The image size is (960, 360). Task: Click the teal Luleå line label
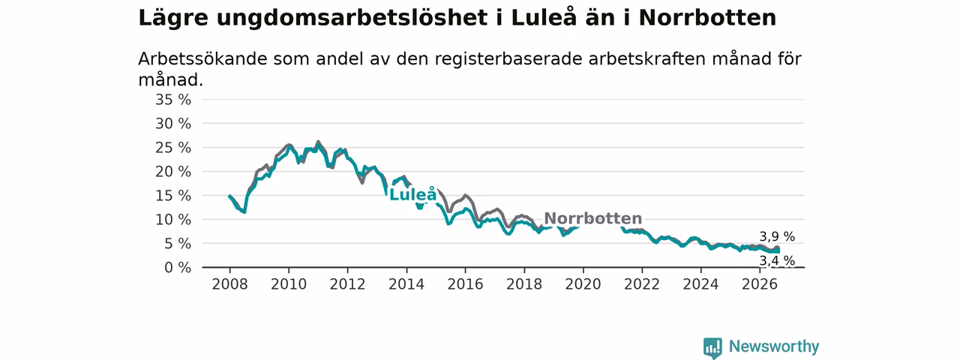[x=412, y=194]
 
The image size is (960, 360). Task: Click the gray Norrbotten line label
[x=592, y=218]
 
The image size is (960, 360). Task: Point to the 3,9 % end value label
[x=777, y=236]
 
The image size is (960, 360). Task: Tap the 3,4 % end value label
[x=777, y=260]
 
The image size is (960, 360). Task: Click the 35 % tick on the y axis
[x=173, y=100]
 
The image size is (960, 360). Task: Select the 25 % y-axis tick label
[x=173, y=148]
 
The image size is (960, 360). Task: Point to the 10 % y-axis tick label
[x=173, y=220]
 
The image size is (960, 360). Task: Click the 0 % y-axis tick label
[x=178, y=268]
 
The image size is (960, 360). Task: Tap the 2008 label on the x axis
[x=229, y=284]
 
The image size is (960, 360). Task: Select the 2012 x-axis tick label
[x=347, y=284]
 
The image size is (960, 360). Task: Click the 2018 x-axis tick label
[x=524, y=284]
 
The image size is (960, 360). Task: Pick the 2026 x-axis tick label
[x=760, y=284]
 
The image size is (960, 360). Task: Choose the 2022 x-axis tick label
[x=642, y=284]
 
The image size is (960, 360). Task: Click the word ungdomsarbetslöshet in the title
[x=352, y=19]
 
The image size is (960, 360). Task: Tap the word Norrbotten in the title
[x=707, y=18]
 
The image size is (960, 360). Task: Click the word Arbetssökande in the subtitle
[x=202, y=58]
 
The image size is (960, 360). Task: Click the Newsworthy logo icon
[x=712, y=347]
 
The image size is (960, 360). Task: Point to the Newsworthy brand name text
[x=774, y=346]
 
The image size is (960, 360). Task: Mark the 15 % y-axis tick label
[x=173, y=196]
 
